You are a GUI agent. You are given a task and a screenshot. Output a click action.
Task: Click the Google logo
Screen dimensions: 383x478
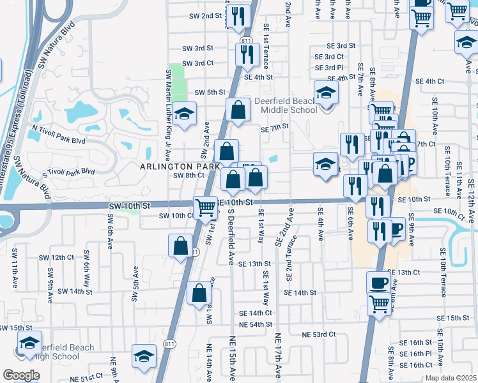21,375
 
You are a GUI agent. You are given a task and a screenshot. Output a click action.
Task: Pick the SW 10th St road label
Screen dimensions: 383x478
129,206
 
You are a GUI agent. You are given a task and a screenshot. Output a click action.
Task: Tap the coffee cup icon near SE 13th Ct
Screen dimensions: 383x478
378,282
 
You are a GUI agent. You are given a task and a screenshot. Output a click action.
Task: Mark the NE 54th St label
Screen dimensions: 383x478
256,325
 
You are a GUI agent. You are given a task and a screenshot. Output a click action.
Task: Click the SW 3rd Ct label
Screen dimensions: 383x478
197,63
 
